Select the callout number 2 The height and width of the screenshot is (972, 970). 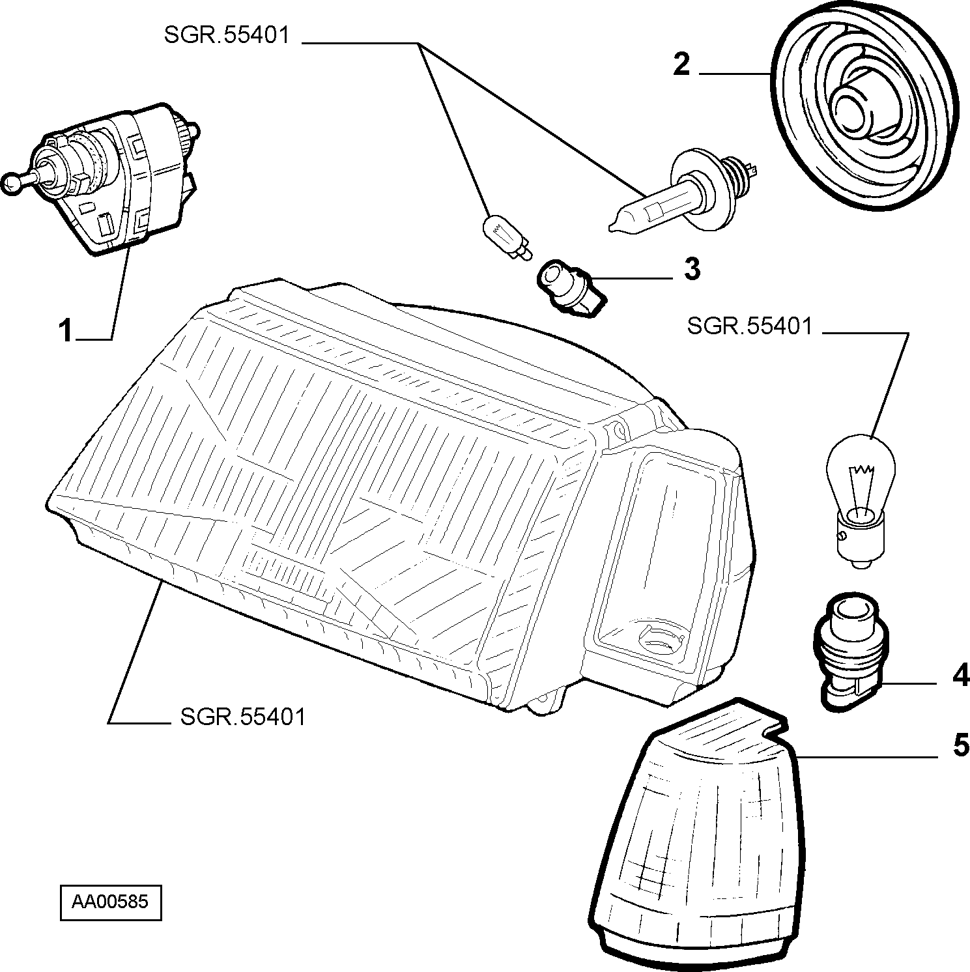click(x=681, y=66)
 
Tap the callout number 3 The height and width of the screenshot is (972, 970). click(x=691, y=269)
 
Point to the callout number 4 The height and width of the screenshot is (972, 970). click(x=961, y=676)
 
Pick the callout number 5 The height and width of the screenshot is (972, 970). click(x=961, y=745)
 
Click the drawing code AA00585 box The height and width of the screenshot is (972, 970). click(x=110, y=902)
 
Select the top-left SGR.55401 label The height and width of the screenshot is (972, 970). click(x=226, y=35)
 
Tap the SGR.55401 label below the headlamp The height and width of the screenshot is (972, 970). click(x=242, y=717)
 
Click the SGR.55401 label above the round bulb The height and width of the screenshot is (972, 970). click(x=750, y=326)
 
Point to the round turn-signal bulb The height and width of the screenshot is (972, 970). click(x=861, y=500)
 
